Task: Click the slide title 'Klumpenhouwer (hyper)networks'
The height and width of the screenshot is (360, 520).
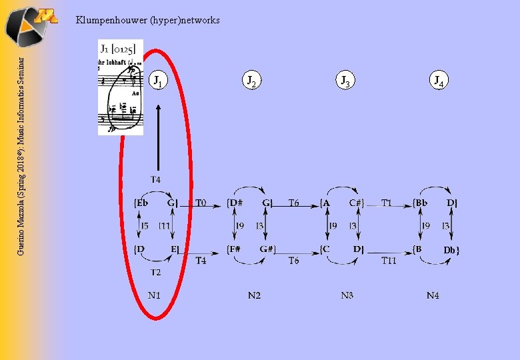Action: click(147, 20)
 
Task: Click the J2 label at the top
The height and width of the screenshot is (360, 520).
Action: click(251, 81)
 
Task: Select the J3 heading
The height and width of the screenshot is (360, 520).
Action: click(345, 81)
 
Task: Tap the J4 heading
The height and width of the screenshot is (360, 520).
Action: click(438, 81)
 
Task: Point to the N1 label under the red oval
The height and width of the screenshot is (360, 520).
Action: click(155, 295)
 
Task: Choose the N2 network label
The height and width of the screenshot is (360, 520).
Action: click(254, 295)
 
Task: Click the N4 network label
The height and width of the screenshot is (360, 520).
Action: click(433, 295)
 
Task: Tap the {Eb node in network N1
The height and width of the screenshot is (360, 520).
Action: click(141, 203)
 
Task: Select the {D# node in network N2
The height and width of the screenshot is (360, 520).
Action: click(235, 203)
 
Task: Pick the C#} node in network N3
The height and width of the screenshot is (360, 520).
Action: click(357, 203)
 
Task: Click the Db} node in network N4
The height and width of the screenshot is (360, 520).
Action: click(451, 250)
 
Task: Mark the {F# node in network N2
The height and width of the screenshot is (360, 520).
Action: click(235, 249)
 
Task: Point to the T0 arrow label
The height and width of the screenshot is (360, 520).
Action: click(201, 203)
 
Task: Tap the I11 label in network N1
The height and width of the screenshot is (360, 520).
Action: click(165, 227)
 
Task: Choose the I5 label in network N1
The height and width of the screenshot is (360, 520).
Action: click(145, 227)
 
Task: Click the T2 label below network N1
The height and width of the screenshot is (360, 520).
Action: click(155, 272)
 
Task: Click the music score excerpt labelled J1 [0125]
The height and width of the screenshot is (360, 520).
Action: click(121, 87)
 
